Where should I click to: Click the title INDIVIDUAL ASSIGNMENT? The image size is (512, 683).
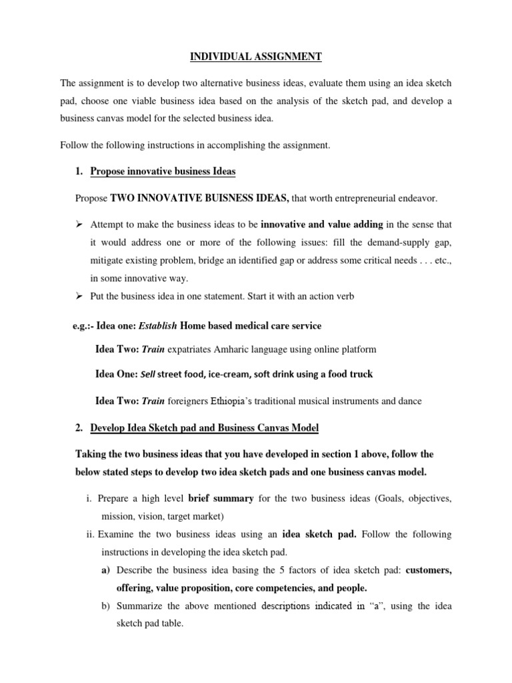pos(256,57)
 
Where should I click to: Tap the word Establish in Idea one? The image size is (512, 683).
pos(158,325)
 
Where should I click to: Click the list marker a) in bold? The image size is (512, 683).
pos(105,570)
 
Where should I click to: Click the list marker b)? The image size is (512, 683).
pos(105,606)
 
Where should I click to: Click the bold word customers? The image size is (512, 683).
pos(429,570)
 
